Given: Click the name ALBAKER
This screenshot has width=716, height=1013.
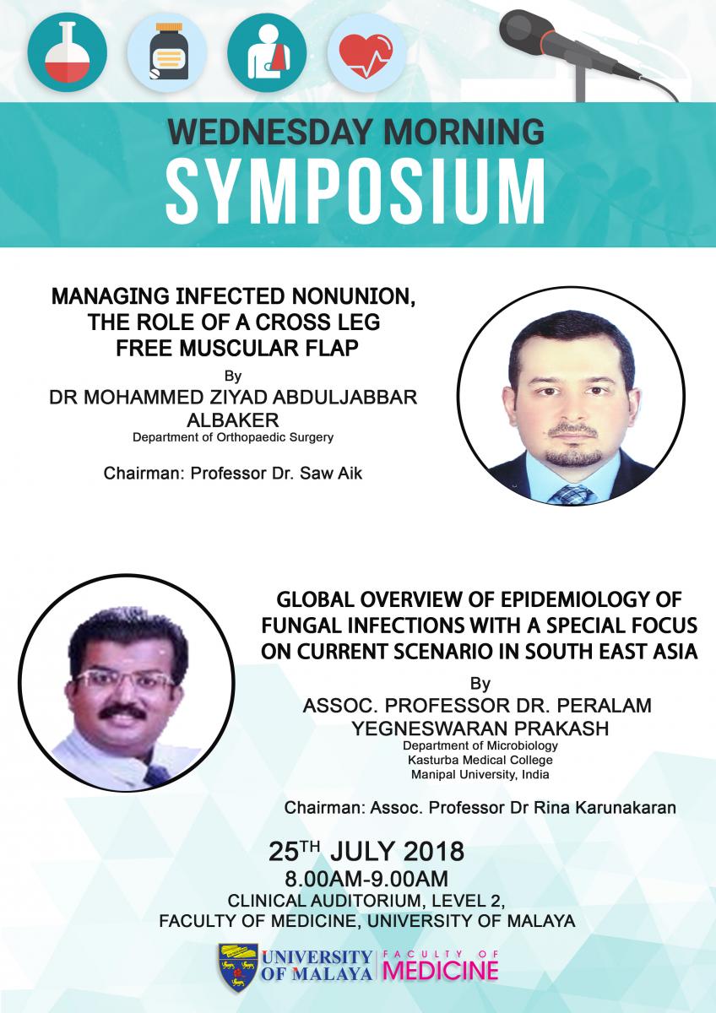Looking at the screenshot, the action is [233, 420].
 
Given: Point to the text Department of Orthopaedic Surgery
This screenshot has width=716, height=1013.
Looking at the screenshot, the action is [233, 438].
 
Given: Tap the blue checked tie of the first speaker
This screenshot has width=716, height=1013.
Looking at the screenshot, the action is [571, 496].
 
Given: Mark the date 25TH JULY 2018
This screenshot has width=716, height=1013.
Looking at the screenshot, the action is [366, 852].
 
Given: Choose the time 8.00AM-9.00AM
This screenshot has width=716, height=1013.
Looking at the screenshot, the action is [366, 879].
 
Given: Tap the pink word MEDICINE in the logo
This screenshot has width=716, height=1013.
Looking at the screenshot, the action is [441, 970].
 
